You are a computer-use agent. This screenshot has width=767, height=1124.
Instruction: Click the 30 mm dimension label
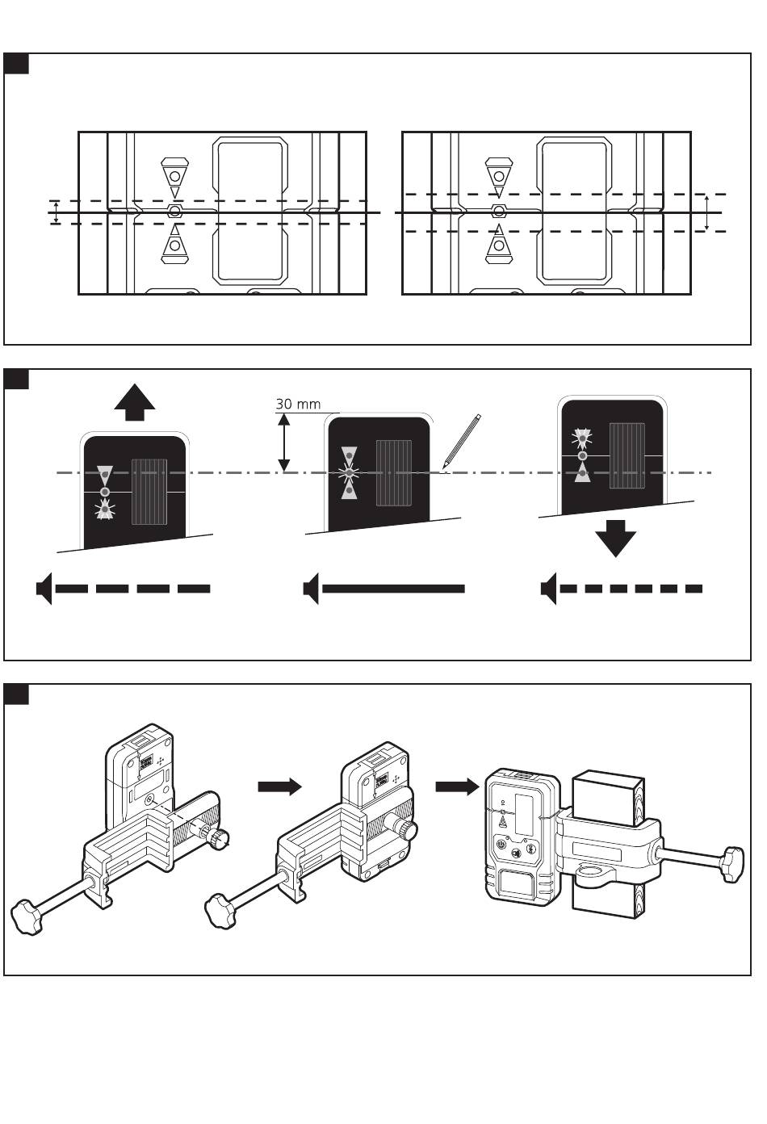tap(298, 404)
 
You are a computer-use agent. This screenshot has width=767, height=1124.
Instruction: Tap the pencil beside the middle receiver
tap(461, 442)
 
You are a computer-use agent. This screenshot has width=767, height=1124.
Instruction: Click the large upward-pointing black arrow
tap(135, 402)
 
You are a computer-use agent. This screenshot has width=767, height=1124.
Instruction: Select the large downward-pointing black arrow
tap(615, 539)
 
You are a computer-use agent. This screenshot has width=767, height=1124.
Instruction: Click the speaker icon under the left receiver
tap(44, 589)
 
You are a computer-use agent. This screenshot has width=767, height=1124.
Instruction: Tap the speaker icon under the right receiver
tap(549, 589)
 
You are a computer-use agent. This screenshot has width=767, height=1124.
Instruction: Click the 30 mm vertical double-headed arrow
tap(284, 442)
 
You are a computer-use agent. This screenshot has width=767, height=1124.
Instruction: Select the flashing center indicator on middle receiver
tap(349, 472)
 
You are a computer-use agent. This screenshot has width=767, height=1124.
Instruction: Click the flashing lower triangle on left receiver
tap(104, 510)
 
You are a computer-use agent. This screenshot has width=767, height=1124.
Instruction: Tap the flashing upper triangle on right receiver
tap(582, 438)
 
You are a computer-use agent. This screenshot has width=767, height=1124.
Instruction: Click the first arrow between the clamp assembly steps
tap(279, 786)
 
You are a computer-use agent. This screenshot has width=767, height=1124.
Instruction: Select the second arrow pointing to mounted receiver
tap(457, 786)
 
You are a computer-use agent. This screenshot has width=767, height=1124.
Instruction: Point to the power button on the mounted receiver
tap(501, 845)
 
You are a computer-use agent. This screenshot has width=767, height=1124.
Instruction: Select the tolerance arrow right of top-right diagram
tap(706, 212)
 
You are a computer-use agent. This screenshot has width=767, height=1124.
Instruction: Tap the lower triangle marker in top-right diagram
tap(499, 245)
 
